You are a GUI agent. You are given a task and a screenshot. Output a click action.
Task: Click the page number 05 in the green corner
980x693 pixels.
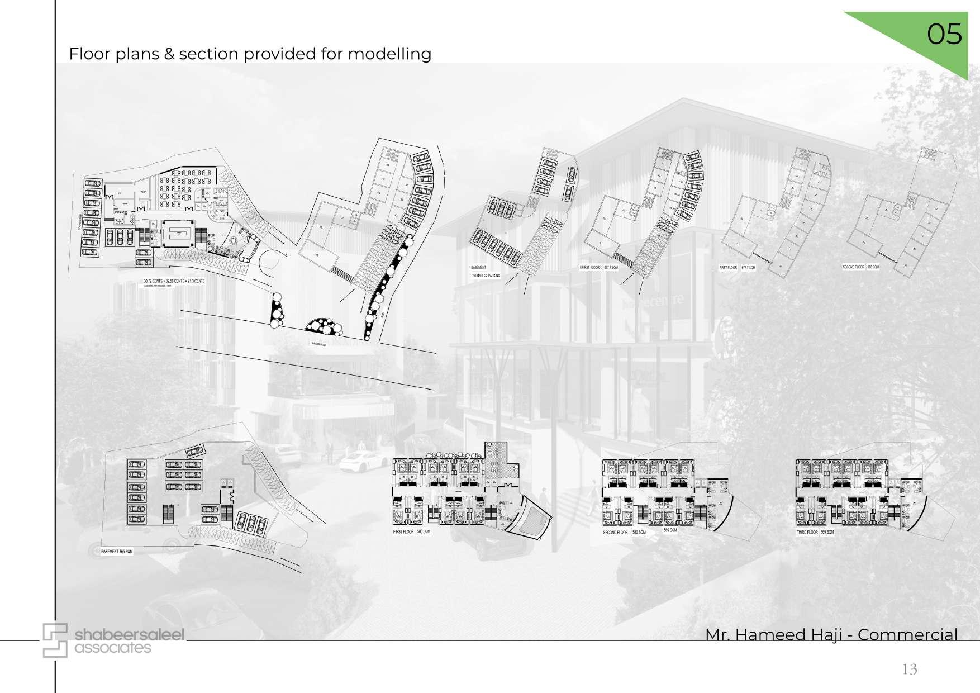point(944,35)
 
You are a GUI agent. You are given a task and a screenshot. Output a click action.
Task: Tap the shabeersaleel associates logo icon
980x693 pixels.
point(55,640)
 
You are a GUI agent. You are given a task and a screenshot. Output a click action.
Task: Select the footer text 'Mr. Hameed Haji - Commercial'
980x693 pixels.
point(831,635)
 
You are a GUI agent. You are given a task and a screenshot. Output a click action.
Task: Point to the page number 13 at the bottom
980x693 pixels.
point(910,669)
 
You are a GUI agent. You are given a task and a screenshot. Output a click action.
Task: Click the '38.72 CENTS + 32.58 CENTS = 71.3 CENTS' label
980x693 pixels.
point(174,281)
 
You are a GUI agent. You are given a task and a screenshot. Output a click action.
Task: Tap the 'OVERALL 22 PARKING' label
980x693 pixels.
point(486,276)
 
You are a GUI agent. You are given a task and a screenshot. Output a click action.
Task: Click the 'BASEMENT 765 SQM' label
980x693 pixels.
point(117,552)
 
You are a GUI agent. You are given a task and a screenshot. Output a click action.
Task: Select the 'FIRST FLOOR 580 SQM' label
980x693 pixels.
point(412,531)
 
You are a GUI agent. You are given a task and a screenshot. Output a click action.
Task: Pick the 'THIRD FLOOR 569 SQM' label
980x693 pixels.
point(815,533)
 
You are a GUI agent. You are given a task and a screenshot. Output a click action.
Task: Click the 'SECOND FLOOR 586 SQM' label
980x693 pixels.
point(860,267)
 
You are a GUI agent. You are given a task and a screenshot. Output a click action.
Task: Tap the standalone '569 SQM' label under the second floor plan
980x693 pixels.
point(670,530)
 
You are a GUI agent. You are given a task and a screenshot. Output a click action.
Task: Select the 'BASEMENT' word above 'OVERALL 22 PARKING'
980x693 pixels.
point(478,268)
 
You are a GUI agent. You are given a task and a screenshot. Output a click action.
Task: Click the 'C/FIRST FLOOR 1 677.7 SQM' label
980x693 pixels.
point(599,268)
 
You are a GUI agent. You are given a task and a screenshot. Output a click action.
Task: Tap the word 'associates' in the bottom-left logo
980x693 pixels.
point(113,648)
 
